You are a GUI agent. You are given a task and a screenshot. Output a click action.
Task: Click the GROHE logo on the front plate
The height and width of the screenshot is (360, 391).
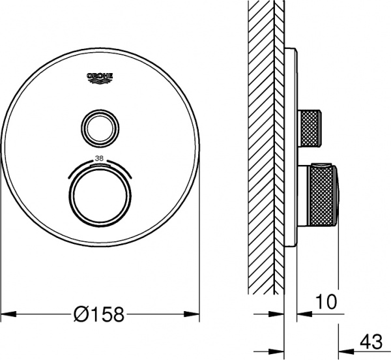100,77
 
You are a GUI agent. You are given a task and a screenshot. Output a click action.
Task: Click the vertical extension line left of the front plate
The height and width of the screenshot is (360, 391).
4,261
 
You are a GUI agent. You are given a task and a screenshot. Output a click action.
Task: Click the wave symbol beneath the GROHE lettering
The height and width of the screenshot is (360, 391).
100,80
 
